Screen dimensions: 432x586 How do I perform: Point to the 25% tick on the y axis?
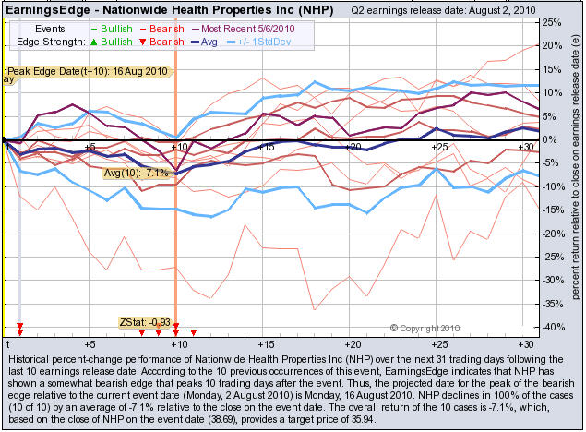point(549,21)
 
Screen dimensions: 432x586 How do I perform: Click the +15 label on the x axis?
point(266,147)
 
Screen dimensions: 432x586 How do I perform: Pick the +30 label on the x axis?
point(526,147)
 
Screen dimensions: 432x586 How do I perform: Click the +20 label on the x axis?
point(353,147)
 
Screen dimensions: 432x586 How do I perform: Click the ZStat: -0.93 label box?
point(145,321)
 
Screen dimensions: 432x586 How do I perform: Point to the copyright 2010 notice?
point(425,327)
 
